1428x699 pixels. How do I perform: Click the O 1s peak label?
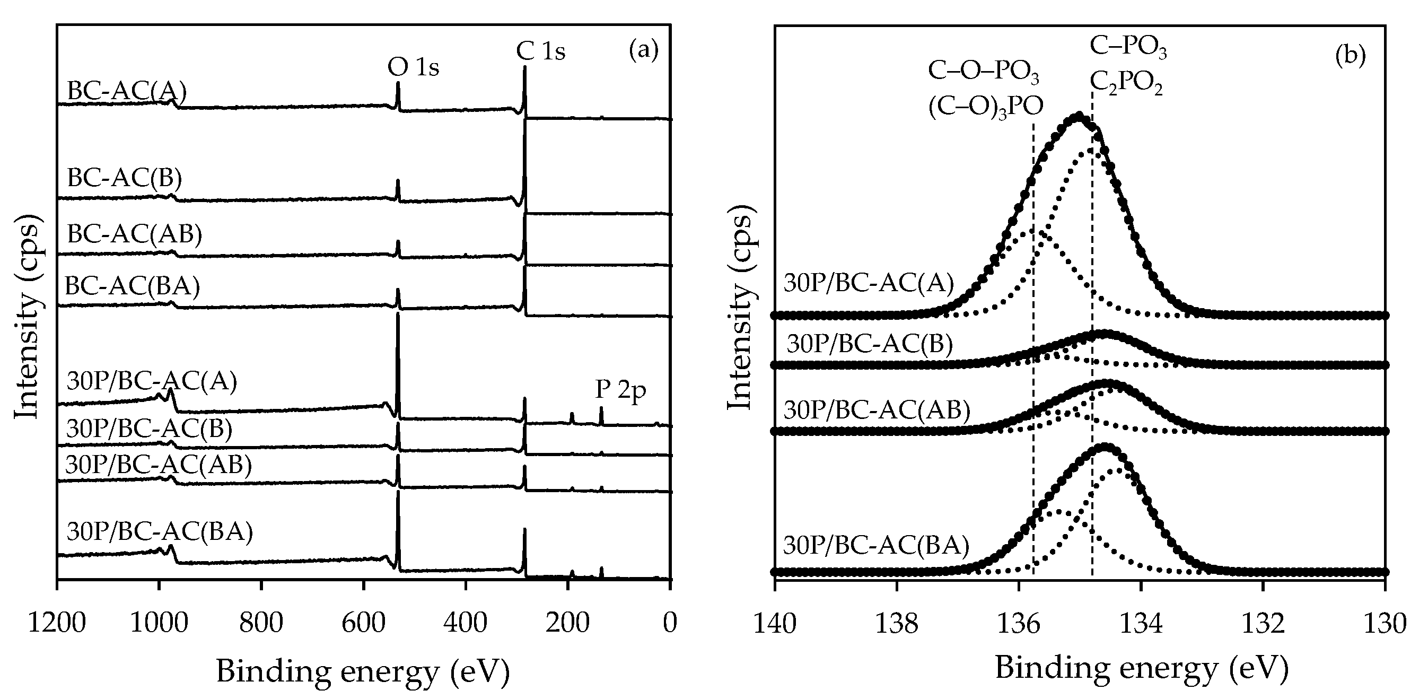(x=413, y=68)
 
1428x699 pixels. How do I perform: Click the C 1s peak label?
(x=540, y=51)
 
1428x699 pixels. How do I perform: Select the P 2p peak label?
(x=620, y=390)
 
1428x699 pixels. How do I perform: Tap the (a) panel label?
(x=644, y=51)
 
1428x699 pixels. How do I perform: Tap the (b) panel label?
(x=1351, y=56)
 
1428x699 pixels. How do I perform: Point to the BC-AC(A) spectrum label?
(x=126, y=91)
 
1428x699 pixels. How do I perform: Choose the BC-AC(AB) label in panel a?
(x=134, y=234)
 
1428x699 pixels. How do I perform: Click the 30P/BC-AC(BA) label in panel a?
(x=160, y=531)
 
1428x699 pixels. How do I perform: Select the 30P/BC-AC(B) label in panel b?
(x=870, y=344)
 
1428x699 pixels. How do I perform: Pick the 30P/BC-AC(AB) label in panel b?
(x=877, y=410)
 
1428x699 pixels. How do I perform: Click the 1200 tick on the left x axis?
(x=57, y=624)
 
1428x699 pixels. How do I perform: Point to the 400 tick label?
(x=465, y=624)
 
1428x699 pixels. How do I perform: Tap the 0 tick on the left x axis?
(x=670, y=624)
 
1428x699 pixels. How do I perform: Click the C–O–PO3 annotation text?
(x=984, y=72)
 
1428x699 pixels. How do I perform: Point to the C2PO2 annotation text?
(x=1126, y=84)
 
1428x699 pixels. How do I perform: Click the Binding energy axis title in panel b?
(x=1142, y=668)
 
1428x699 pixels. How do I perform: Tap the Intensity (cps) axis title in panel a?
(x=28, y=321)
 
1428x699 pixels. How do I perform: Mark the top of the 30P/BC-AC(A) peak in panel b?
(x=1078, y=116)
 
